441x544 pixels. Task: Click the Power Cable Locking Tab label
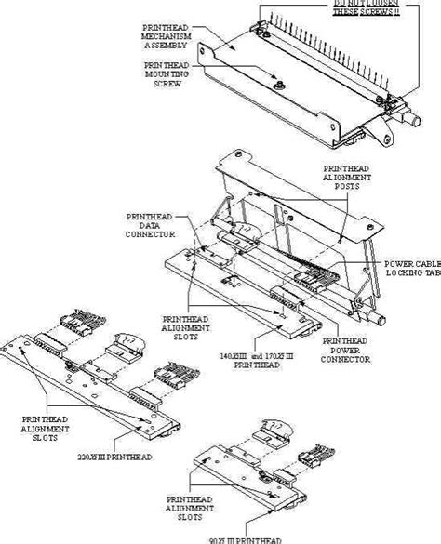(x=412, y=269)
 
